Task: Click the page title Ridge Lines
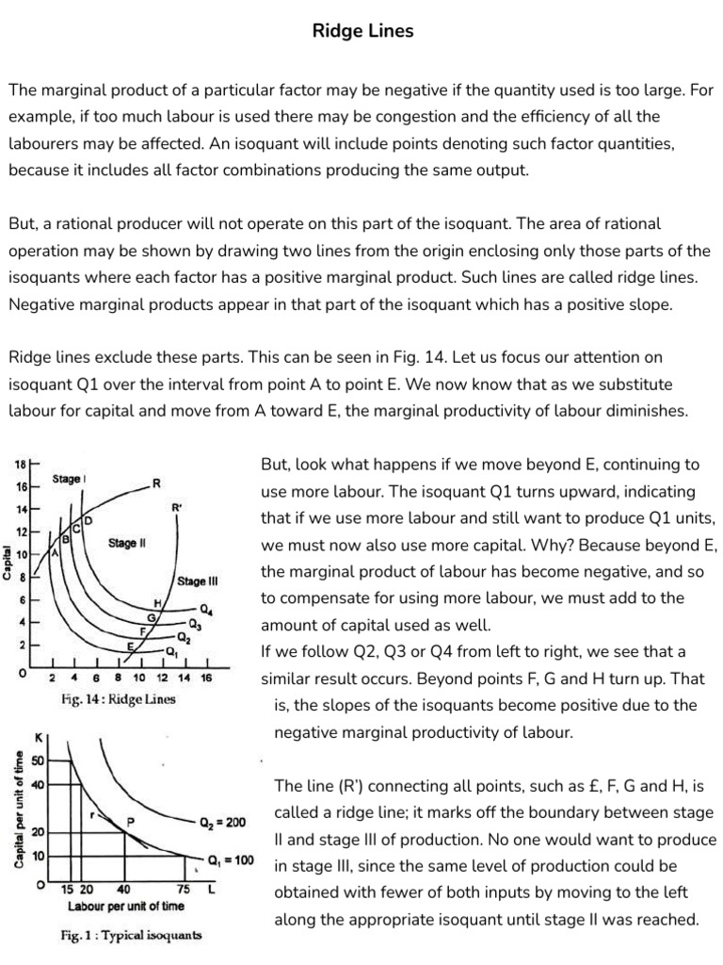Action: coord(362,31)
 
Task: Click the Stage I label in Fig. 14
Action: coord(70,479)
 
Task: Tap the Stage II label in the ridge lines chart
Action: coord(127,543)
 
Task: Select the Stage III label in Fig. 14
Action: coord(197,581)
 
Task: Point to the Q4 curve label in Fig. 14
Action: coord(205,608)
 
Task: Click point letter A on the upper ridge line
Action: coord(55,554)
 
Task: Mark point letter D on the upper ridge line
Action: coord(89,520)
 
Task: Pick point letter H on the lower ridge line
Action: coord(158,602)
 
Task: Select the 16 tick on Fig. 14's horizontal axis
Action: coord(206,678)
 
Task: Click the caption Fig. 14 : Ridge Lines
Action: coord(119,699)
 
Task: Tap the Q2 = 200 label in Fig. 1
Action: coord(223,822)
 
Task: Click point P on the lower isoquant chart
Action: coord(132,820)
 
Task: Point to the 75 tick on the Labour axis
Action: coord(185,889)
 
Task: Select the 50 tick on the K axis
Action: coord(38,760)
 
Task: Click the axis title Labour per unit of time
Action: coord(126,906)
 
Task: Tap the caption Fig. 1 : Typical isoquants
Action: coord(131,936)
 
